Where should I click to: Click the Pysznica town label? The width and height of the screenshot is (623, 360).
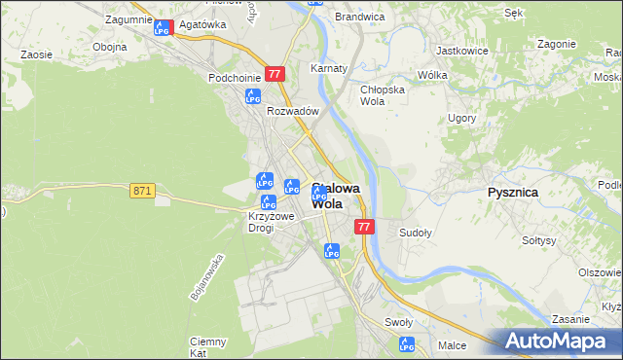pos(512,193)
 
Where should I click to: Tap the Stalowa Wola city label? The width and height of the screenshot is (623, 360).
pos(335,197)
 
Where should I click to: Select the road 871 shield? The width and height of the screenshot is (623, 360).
pos(142,191)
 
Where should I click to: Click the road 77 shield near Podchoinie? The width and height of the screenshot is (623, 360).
pos(275,73)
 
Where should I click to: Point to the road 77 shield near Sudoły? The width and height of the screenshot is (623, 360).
pos(364,227)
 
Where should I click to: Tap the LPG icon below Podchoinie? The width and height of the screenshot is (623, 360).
pos(253,96)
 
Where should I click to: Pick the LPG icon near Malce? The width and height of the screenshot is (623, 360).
pos(407,343)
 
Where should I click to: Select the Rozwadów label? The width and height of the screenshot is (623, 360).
pos(293,112)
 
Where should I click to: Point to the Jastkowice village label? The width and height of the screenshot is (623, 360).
pos(461,50)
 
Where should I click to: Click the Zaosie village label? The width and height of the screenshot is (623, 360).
pos(36,55)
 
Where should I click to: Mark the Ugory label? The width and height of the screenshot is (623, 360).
pos(461,118)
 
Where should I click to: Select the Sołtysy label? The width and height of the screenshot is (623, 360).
pos(538,240)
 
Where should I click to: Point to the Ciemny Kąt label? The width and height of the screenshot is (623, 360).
pos(208,347)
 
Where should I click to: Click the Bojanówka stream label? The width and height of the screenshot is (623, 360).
pos(207,277)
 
